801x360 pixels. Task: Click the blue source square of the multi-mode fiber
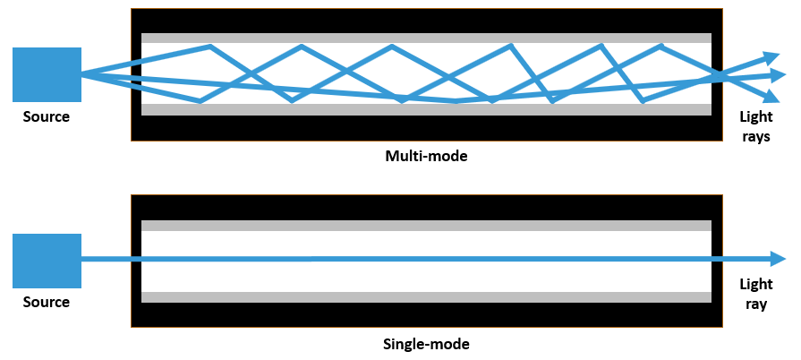[x=47, y=74]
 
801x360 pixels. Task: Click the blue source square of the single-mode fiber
[x=47, y=261]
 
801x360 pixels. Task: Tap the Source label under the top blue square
[x=47, y=116]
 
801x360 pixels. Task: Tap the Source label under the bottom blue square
[x=47, y=302]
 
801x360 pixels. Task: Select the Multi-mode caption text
[x=426, y=156]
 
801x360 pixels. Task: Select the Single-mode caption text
[x=426, y=343]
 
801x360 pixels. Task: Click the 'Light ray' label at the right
[x=754, y=294]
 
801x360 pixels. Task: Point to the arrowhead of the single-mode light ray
[x=778, y=259]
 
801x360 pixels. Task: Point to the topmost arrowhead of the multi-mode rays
[x=771, y=56]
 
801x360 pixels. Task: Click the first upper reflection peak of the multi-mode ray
[x=210, y=47]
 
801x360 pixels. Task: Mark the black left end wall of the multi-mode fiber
[x=136, y=74]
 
